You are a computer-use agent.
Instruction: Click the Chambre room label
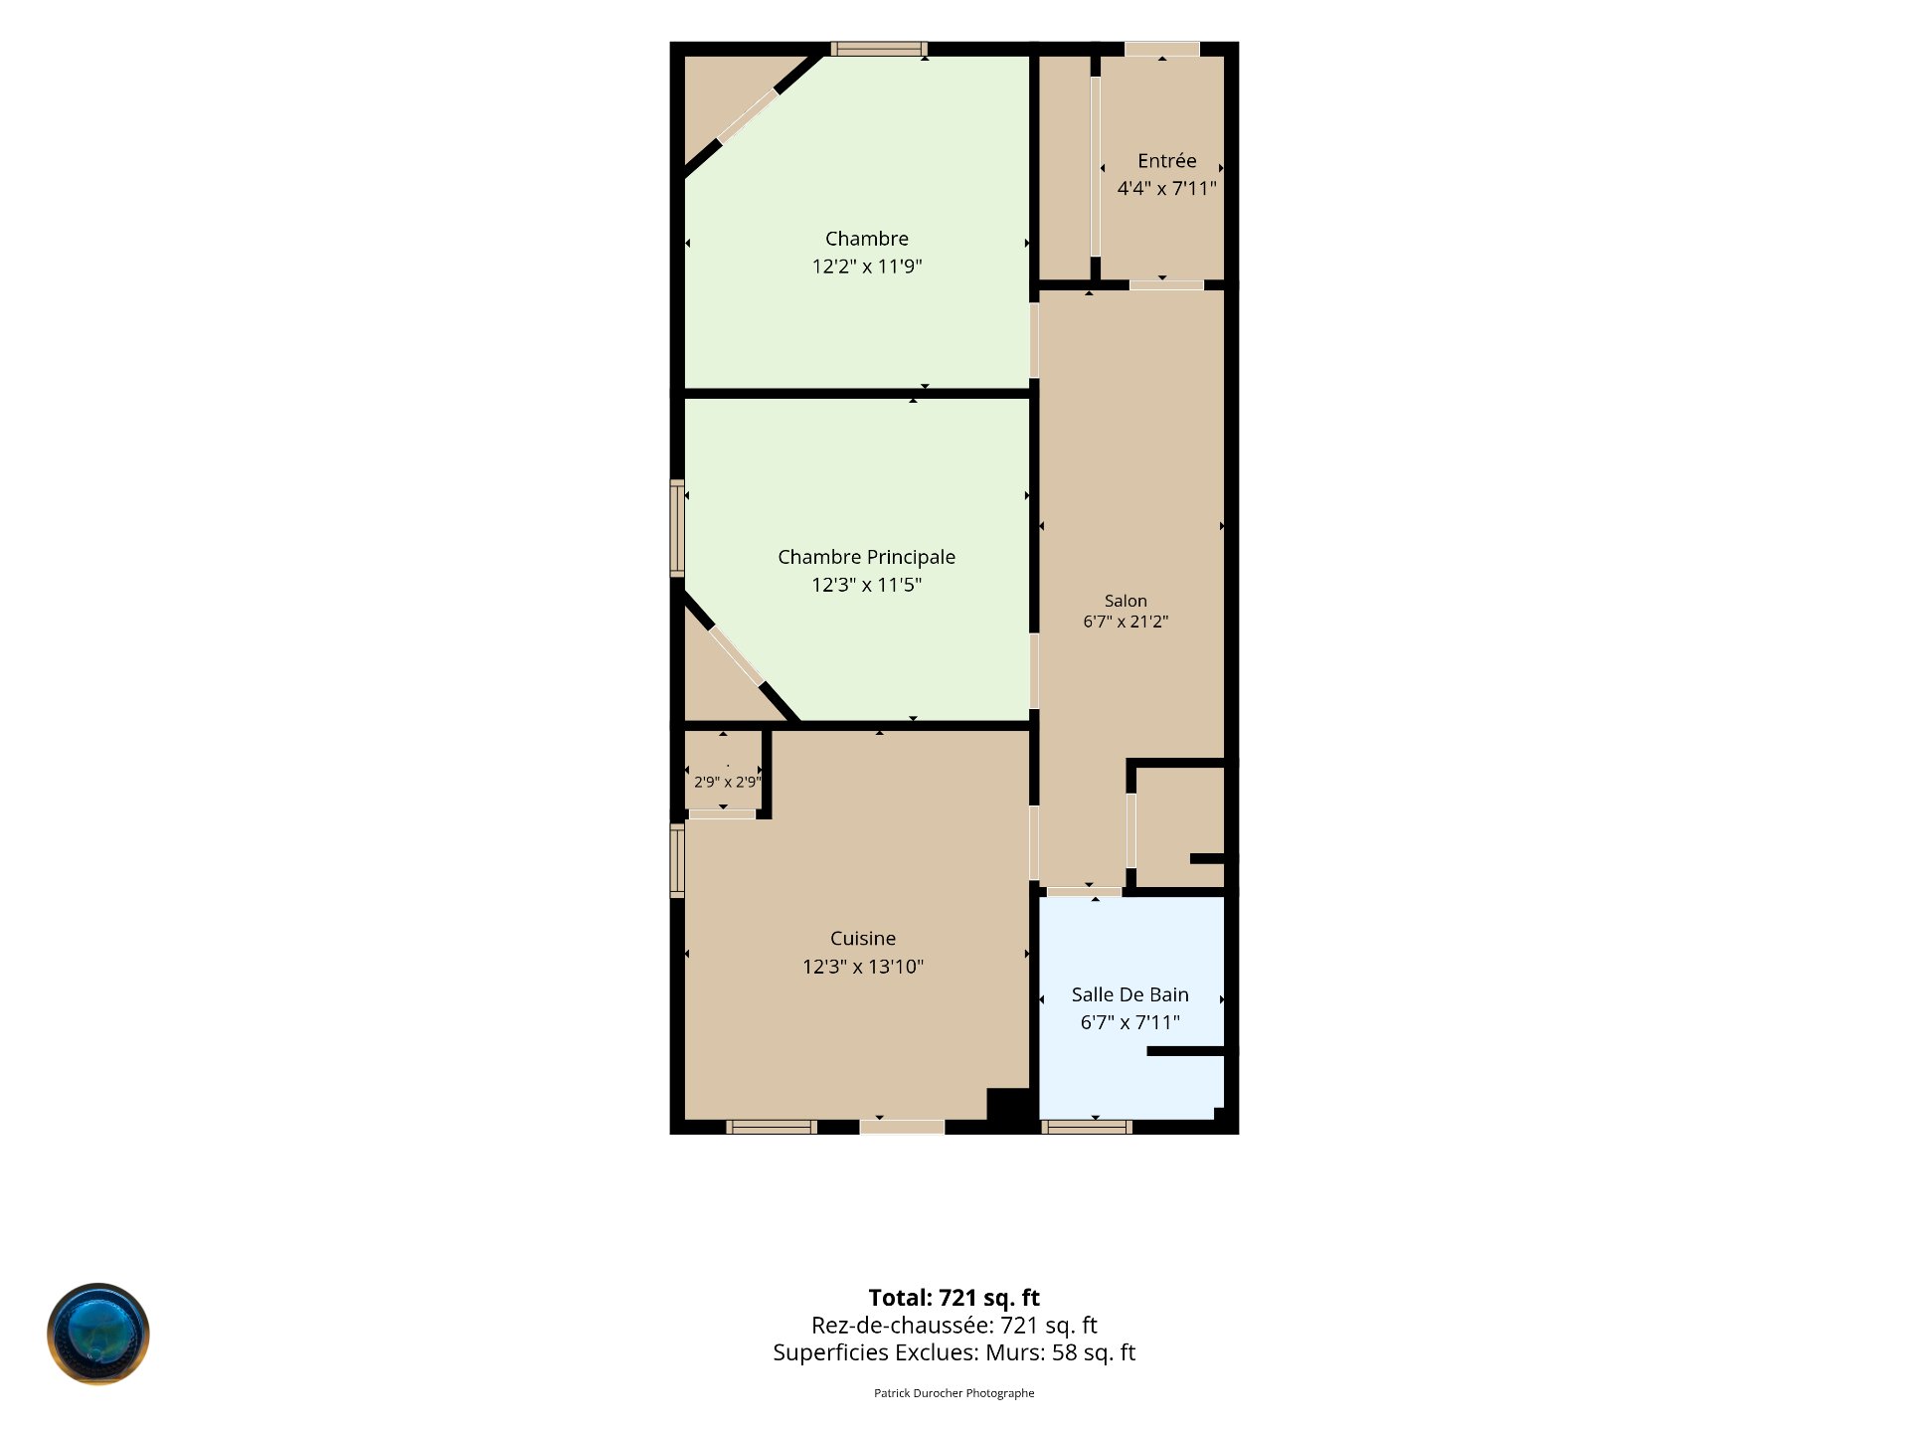pyautogui.click(x=867, y=239)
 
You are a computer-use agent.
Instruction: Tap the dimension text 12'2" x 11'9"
pyautogui.click(x=867, y=267)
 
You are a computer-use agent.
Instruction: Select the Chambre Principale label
pyautogui.click(x=867, y=557)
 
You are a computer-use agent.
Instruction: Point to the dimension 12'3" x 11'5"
pyautogui.click(x=867, y=585)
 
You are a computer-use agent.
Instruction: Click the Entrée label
pyautogui.click(x=1167, y=161)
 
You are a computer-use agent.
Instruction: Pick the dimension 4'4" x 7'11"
pyautogui.click(x=1167, y=189)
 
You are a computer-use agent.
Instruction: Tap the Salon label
pyautogui.click(x=1126, y=601)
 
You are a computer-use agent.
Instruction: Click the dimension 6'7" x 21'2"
pyautogui.click(x=1126, y=622)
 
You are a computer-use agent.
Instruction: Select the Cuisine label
pyautogui.click(x=863, y=939)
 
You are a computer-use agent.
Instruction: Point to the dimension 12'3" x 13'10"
pyautogui.click(x=863, y=967)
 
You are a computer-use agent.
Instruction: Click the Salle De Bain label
pyautogui.click(x=1130, y=994)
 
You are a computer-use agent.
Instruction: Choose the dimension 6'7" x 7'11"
pyautogui.click(x=1130, y=1022)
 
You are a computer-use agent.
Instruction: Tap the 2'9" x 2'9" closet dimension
pyautogui.click(x=728, y=782)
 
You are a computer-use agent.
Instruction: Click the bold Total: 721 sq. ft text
pyautogui.click(x=954, y=1298)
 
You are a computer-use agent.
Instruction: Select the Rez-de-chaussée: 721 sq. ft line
pyautogui.click(x=954, y=1325)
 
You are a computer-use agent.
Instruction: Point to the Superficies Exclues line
pyautogui.click(x=954, y=1352)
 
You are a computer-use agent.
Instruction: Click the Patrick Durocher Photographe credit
pyautogui.click(x=954, y=1393)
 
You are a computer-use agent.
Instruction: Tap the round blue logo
pyautogui.click(x=98, y=1334)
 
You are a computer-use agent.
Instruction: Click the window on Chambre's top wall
pyautogui.click(x=879, y=49)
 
